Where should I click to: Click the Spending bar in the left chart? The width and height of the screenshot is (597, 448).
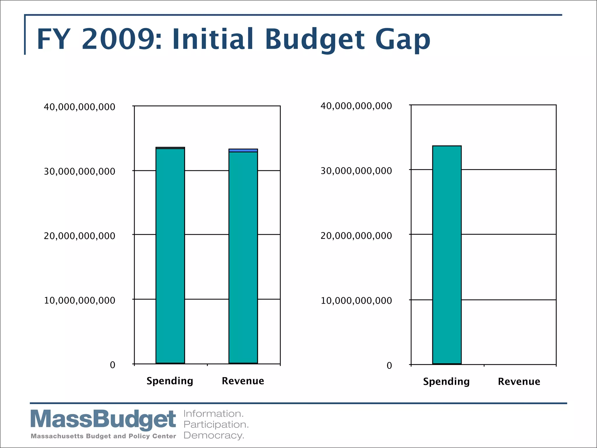[x=170, y=256]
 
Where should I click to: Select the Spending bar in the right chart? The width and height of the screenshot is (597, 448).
[x=447, y=255]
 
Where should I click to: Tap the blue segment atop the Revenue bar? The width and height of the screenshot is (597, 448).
[x=243, y=150]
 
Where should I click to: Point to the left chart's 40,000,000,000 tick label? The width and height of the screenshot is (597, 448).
[x=80, y=107]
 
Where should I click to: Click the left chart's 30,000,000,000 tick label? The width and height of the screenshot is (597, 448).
[x=80, y=171]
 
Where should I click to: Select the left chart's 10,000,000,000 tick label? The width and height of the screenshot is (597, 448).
[x=80, y=300]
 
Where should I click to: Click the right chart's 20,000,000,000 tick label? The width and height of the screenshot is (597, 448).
[x=356, y=236]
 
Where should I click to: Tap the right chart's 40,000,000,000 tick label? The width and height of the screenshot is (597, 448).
[x=356, y=106]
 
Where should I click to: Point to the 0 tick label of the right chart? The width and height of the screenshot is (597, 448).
[x=389, y=366]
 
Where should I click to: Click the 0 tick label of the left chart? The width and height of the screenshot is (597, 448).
[x=113, y=365]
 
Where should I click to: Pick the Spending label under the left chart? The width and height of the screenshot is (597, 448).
[x=170, y=381]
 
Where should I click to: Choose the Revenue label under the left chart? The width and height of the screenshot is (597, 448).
[x=243, y=381]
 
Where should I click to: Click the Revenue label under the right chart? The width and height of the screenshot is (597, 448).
[x=519, y=381]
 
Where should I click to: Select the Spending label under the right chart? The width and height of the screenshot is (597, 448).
[x=446, y=381]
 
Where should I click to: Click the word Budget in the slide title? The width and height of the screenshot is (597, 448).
[x=315, y=40]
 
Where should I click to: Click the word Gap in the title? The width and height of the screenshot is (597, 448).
[x=403, y=40]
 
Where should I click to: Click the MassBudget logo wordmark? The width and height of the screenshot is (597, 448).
[x=103, y=419]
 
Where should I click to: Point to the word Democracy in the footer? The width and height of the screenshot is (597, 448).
[x=214, y=435]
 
